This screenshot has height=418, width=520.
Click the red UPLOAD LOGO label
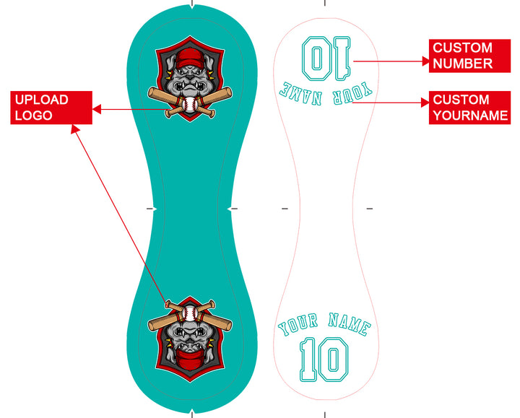[51, 108]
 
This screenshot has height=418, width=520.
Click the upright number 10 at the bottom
[324, 360]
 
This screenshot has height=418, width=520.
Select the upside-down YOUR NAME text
[326, 90]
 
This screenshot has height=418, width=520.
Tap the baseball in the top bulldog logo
[191, 106]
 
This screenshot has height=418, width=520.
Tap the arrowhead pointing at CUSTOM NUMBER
[425, 61]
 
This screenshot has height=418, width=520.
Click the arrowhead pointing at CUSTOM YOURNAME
[425, 103]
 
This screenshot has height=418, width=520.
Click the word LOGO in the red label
[32, 116]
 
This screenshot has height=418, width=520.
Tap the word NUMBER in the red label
[463, 64]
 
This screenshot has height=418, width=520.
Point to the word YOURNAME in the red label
[471, 116]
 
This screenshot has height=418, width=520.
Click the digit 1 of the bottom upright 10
[308, 360]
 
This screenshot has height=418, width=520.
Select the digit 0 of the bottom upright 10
[335, 360]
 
